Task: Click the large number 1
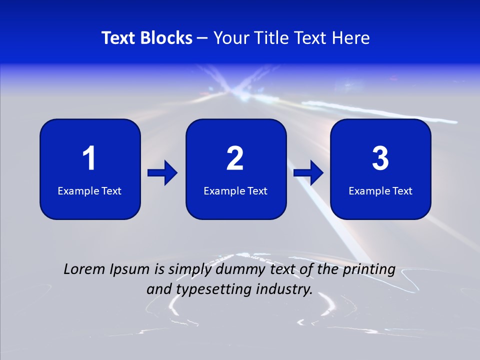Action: [89, 158]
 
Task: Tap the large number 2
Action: [235, 158]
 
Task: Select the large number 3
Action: [380, 158]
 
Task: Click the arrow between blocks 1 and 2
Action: [162, 173]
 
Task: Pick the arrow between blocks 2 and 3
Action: [308, 173]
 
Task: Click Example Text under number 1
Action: [89, 190]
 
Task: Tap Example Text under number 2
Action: [235, 190]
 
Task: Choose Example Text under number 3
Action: [380, 190]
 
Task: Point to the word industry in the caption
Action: [284, 289]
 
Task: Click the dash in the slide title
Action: [202, 38]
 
